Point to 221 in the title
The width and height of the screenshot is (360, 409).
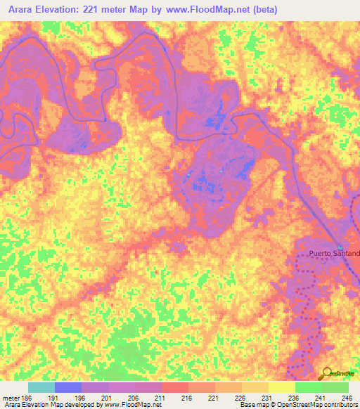(94, 10)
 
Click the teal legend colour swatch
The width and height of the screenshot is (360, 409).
(41, 387)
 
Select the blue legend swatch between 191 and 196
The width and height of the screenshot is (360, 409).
(68, 387)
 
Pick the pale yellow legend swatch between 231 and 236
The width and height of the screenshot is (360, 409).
(281, 387)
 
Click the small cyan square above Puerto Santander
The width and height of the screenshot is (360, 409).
(340, 247)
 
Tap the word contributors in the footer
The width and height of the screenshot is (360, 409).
(339, 405)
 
